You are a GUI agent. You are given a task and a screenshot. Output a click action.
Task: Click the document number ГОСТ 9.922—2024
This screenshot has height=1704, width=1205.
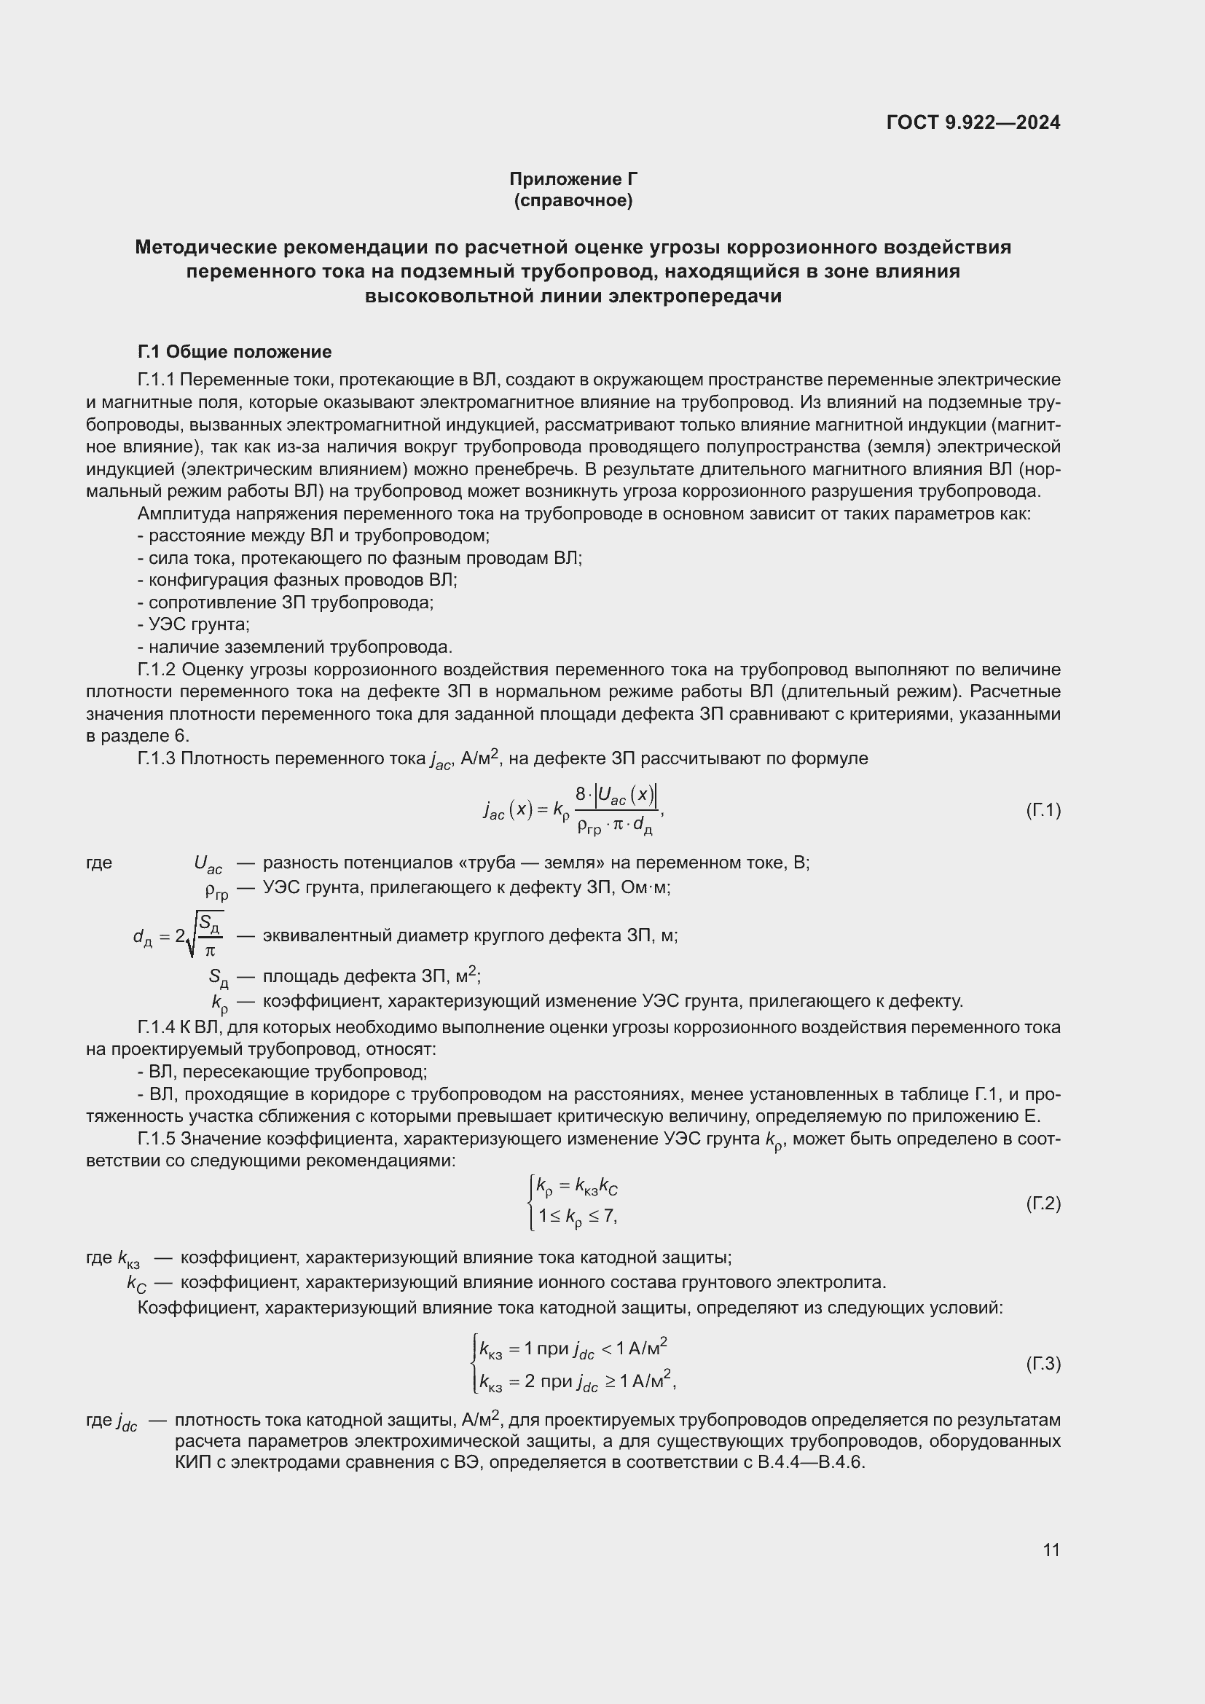(973, 123)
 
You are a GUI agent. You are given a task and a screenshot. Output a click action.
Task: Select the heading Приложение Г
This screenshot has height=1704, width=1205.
(573, 179)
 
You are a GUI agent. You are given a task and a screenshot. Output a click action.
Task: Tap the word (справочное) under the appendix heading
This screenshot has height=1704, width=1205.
(573, 200)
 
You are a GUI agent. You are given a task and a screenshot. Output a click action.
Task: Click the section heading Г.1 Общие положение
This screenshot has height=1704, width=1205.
(235, 352)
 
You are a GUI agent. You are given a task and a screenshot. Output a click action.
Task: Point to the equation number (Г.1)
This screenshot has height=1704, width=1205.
(1043, 809)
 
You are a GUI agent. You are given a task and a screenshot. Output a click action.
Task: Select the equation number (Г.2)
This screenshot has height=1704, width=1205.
(1043, 1203)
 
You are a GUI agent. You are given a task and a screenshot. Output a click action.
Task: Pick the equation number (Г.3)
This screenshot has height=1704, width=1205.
(1043, 1364)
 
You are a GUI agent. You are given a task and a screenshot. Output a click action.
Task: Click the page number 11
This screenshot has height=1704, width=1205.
(1051, 1550)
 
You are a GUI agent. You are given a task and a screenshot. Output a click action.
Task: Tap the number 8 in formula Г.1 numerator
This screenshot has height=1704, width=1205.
(580, 794)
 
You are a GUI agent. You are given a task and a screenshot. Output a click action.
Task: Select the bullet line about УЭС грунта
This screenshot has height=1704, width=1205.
(194, 624)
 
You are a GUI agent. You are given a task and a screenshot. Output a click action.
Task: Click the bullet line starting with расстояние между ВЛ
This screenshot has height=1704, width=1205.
(313, 535)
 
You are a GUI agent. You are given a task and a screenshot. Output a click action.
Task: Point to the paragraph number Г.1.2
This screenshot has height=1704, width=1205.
(157, 670)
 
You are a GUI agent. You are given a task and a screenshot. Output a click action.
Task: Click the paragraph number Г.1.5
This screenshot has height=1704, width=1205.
(157, 1139)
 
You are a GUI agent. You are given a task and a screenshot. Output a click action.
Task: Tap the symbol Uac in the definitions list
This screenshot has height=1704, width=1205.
(208, 863)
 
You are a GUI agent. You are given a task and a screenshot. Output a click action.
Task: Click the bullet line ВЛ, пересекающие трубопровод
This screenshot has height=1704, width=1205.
(282, 1072)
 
